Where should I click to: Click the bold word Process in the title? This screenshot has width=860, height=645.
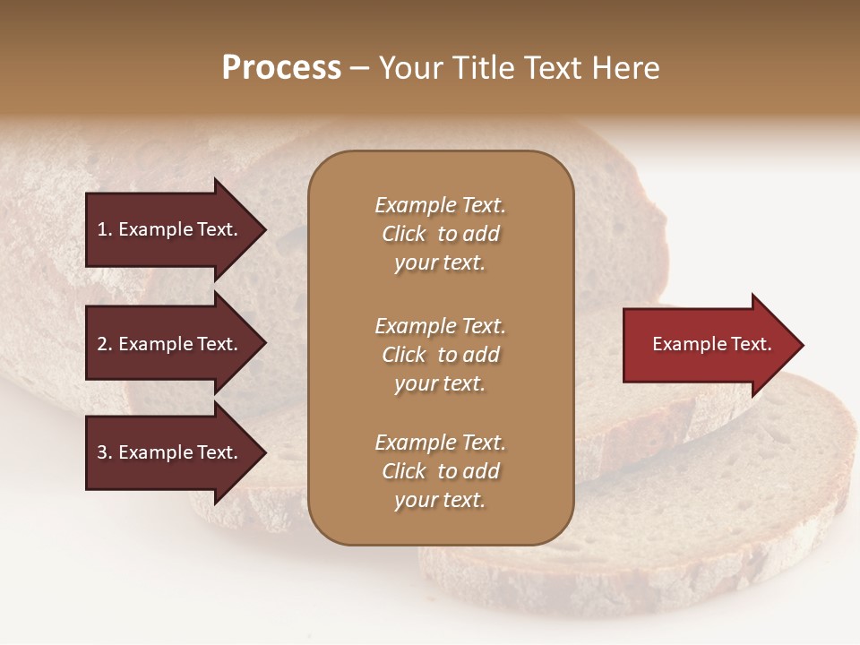281,68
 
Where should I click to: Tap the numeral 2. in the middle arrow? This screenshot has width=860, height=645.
105,344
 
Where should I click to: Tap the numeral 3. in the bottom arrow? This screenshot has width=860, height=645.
105,452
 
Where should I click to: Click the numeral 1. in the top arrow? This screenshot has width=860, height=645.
105,229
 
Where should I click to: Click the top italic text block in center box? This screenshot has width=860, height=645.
440,234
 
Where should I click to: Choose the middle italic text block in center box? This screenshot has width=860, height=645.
440,355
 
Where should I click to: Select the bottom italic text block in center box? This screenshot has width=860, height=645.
440,471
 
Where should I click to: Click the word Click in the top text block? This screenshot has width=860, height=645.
403,234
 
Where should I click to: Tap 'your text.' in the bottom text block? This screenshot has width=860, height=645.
440,500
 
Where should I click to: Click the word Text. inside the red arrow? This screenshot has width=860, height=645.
749,344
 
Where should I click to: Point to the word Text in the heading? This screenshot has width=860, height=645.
553,68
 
